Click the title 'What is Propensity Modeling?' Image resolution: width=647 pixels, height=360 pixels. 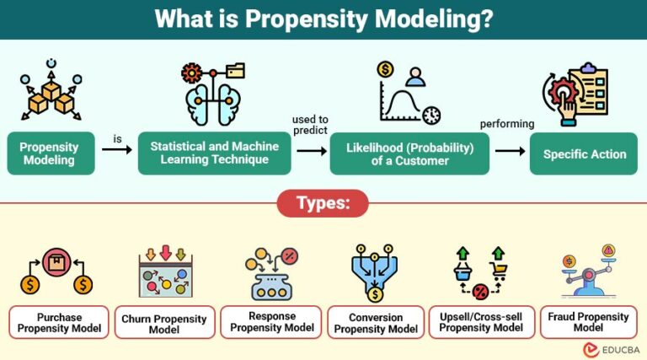[x=323, y=19]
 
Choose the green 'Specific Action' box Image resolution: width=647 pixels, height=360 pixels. [x=584, y=153]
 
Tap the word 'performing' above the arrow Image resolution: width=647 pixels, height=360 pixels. [x=507, y=124]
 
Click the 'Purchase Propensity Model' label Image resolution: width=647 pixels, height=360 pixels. [x=58, y=321]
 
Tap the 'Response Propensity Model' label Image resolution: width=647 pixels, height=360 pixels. [x=270, y=321]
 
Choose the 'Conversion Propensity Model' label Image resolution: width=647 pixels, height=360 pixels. [x=376, y=322]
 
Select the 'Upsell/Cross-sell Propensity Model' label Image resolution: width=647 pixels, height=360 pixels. [x=481, y=322]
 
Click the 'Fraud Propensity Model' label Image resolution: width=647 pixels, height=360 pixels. [x=587, y=321]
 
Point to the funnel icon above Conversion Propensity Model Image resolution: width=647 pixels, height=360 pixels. [x=374, y=272]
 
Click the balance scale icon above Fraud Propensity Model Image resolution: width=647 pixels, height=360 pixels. [x=588, y=271]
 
